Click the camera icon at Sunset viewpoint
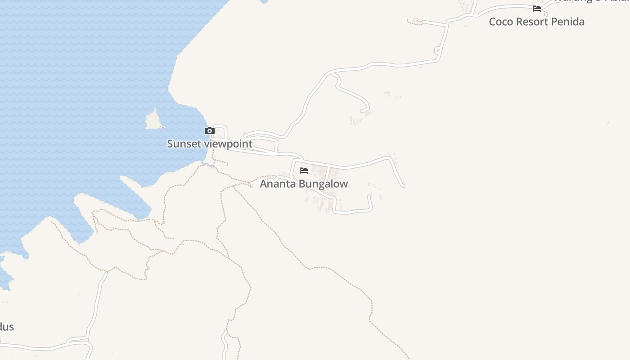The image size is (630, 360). tap(209, 131)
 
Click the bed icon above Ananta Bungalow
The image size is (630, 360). tap(304, 171)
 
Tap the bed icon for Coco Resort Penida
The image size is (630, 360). tap(536, 8)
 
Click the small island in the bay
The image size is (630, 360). tap(153, 120)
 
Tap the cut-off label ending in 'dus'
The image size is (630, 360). tap(6, 327)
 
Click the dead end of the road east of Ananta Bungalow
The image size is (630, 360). tap(403, 185)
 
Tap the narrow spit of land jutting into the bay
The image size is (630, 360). tap(135, 192)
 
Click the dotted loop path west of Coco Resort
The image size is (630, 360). tap(414, 21)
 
